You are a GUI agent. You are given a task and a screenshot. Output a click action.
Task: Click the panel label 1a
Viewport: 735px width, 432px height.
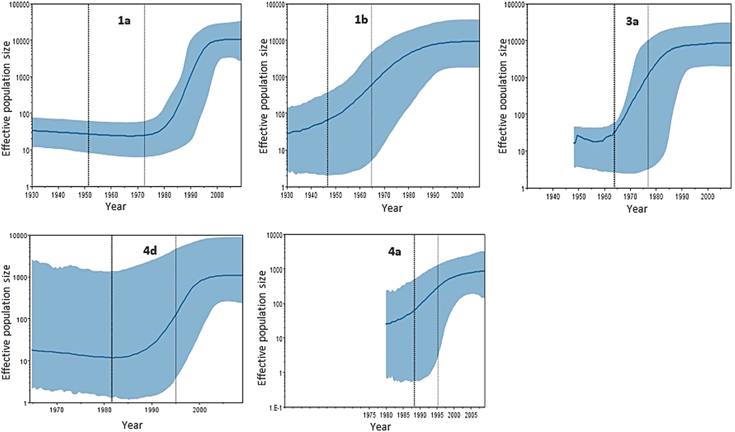pyautogui.click(x=124, y=21)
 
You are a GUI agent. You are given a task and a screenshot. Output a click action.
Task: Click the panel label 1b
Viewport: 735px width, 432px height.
pyautogui.click(x=361, y=20)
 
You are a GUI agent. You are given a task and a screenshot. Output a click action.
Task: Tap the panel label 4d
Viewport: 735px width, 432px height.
pyautogui.click(x=150, y=251)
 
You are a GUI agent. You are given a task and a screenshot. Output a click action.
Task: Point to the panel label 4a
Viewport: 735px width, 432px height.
pyautogui.click(x=394, y=252)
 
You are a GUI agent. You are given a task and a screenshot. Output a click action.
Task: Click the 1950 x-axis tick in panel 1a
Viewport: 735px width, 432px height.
pyautogui.click(x=85, y=195)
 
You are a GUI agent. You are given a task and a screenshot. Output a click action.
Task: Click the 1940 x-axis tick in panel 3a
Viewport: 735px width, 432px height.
pyautogui.click(x=552, y=197)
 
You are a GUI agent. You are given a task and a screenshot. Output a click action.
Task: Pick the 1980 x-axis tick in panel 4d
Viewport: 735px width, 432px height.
pyautogui.click(x=104, y=410)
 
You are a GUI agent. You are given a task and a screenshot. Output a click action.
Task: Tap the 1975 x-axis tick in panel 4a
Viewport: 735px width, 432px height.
pyautogui.click(x=369, y=415)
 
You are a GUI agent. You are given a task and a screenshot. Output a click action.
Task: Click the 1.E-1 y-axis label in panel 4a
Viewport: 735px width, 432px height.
pyautogui.click(x=275, y=407)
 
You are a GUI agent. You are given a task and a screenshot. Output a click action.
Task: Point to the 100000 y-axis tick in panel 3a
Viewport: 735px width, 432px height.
pyautogui.click(x=514, y=4)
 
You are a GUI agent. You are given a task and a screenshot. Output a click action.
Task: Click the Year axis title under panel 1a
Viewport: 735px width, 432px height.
pyautogui.click(x=115, y=206)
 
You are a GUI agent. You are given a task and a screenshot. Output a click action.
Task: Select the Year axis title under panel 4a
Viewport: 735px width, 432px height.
pyautogui.click(x=380, y=427)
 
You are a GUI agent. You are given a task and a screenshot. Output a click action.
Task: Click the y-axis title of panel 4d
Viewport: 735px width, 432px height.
pyautogui.click(x=6, y=322)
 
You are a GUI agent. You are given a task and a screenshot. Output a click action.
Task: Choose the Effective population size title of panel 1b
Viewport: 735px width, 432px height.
pyautogui.click(x=263, y=96)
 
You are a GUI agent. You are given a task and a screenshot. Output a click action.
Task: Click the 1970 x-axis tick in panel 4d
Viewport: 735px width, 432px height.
pyautogui.click(x=57, y=410)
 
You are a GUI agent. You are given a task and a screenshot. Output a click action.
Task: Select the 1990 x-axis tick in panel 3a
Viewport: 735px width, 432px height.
pyautogui.click(x=682, y=197)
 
